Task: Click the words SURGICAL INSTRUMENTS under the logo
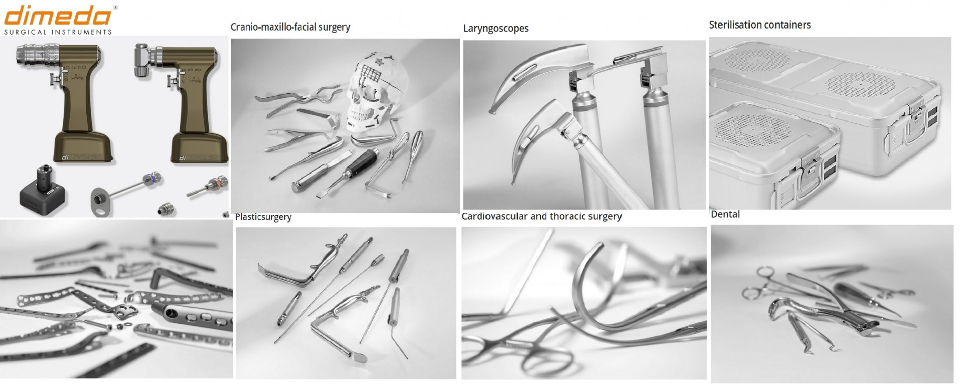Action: [58, 32]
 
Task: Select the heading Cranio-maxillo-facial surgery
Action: [290, 28]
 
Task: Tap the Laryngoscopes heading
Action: [496, 29]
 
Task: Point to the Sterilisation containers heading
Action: [760, 25]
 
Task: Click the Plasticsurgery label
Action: [263, 217]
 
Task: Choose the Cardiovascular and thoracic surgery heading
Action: [542, 217]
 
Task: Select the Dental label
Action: [725, 215]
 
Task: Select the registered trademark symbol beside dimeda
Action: [116, 8]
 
